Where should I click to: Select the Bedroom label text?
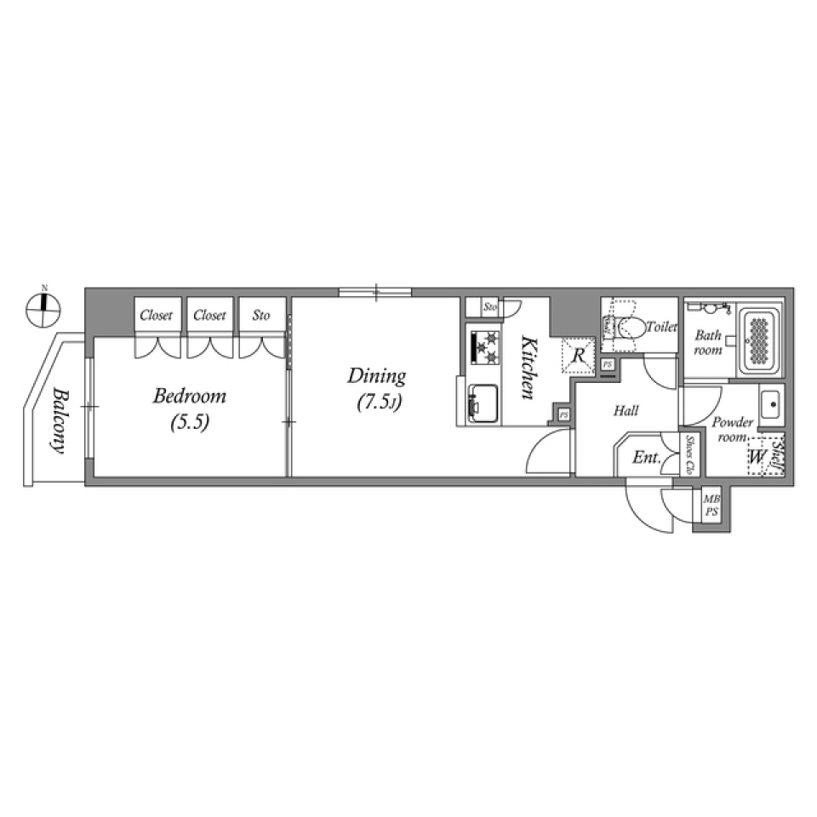coord(189,396)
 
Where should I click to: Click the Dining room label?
coord(375,375)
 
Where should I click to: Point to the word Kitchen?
coord(528,368)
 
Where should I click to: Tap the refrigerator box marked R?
coord(576,355)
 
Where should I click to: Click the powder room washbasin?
coord(770,405)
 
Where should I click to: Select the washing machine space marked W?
coord(756,457)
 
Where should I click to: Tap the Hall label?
coord(626,411)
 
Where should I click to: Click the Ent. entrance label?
coord(646,458)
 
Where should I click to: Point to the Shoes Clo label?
coord(689,453)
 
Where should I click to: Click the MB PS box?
coord(711,508)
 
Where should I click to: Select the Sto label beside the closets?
coord(260,316)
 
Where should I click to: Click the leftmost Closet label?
coord(156,316)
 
